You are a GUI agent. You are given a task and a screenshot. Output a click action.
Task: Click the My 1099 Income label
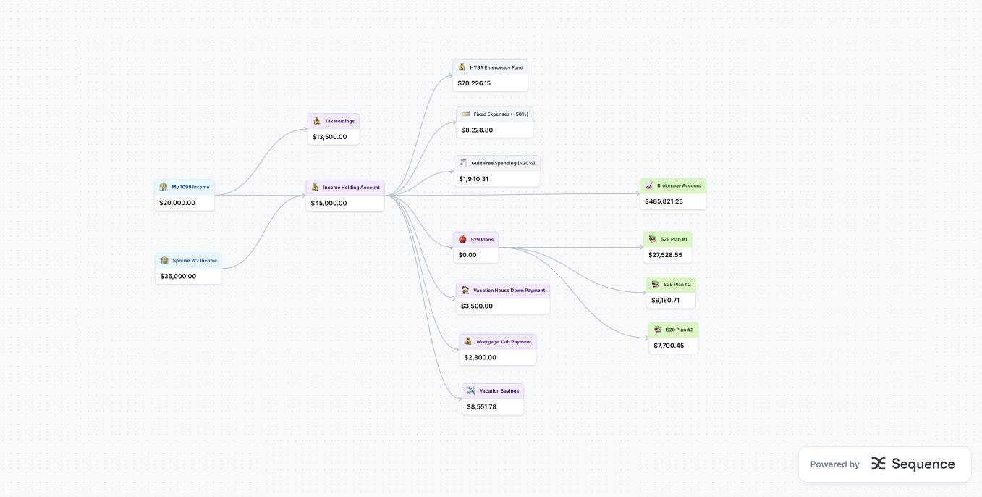pos(190,187)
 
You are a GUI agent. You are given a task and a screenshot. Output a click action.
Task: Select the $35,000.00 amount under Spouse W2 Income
pos(178,276)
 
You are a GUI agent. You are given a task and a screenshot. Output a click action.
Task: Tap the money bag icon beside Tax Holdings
pos(316,121)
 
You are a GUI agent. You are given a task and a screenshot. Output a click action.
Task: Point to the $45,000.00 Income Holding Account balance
pos(329,203)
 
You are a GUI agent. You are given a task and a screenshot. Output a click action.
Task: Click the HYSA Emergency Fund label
pos(496,67)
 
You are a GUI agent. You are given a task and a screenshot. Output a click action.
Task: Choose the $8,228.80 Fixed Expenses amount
pos(477,130)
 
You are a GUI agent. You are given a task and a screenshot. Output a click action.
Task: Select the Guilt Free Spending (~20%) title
pos(503,163)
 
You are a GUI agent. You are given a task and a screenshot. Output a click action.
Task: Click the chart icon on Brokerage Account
pos(649,185)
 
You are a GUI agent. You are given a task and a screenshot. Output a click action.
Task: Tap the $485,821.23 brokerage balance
pos(664,201)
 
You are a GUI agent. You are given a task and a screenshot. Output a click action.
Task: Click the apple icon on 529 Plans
pos(462,239)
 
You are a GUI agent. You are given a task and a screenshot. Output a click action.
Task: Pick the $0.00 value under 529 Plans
pos(467,255)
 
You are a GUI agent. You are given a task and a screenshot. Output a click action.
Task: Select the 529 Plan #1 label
pos(674,239)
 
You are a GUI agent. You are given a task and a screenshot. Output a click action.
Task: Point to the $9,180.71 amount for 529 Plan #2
pos(665,300)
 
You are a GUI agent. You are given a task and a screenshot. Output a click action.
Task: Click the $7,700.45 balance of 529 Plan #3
pos(669,346)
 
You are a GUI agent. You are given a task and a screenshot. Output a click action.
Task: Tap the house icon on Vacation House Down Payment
pos(465,290)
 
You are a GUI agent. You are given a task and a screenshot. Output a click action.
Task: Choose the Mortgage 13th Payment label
pos(504,341)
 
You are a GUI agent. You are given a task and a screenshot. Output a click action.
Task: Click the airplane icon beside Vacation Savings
pos(471,390)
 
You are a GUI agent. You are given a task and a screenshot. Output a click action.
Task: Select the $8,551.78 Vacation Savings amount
pos(481,406)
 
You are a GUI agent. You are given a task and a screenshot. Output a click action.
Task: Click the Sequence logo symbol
pos(879,464)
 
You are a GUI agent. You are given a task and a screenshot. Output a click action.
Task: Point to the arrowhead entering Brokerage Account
pos(638,194)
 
